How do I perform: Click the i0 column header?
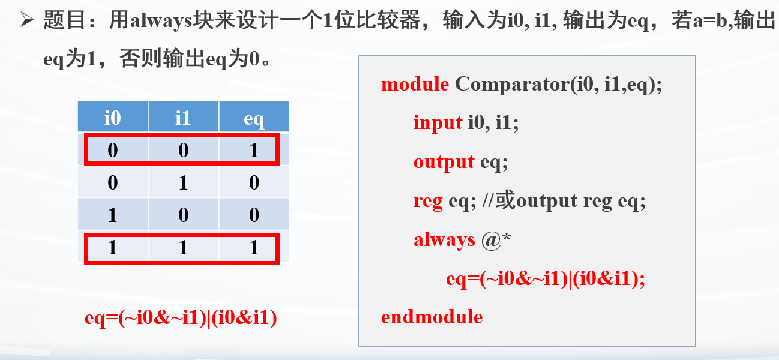(x=113, y=117)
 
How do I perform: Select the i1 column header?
(x=183, y=117)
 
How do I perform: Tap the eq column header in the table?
(x=254, y=117)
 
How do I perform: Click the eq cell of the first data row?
(x=254, y=150)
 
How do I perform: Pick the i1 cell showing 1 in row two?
(x=183, y=182)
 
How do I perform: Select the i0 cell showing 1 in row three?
(x=113, y=214)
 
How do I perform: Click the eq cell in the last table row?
(x=254, y=247)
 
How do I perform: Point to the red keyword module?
(x=415, y=84)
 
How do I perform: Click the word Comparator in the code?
(x=511, y=84)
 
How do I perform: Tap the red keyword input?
(x=438, y=123)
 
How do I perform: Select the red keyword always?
(x=444, y=241)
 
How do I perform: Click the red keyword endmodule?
(x=432, y=317)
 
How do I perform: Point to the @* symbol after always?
(x=496, y=241)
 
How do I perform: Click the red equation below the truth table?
(x=181, y=318)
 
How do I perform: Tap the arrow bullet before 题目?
(x=27, y=19)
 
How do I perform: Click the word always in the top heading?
(x=161, y=20)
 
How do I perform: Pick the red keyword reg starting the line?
(x=428, y=202)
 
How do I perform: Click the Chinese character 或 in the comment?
(x=505, y=200)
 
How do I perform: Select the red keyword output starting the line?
(x=444, y=162)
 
